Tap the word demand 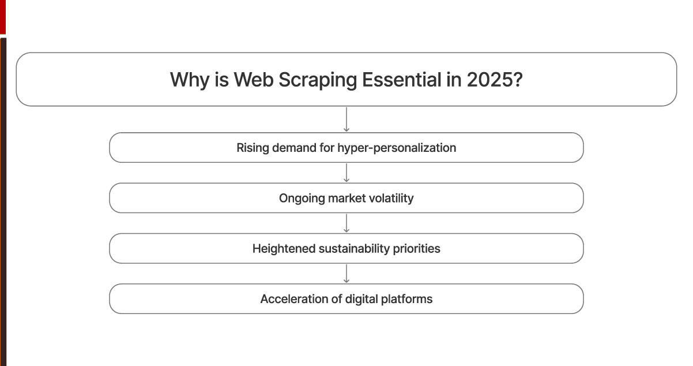pyautogui.click(x=292, y=148)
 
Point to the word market pyautogui.click(x=344, y=198)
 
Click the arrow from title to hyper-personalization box pyautogui.click(x=346, y=119)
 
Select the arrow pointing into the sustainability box pyautogui.click(x=346, y=223)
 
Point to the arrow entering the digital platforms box pyautogui.click(x=346, y=273)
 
